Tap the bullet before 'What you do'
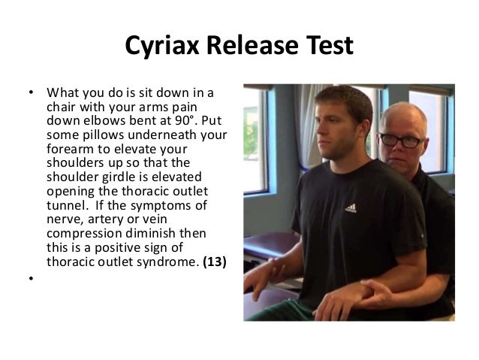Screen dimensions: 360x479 [x=31, y=93]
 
